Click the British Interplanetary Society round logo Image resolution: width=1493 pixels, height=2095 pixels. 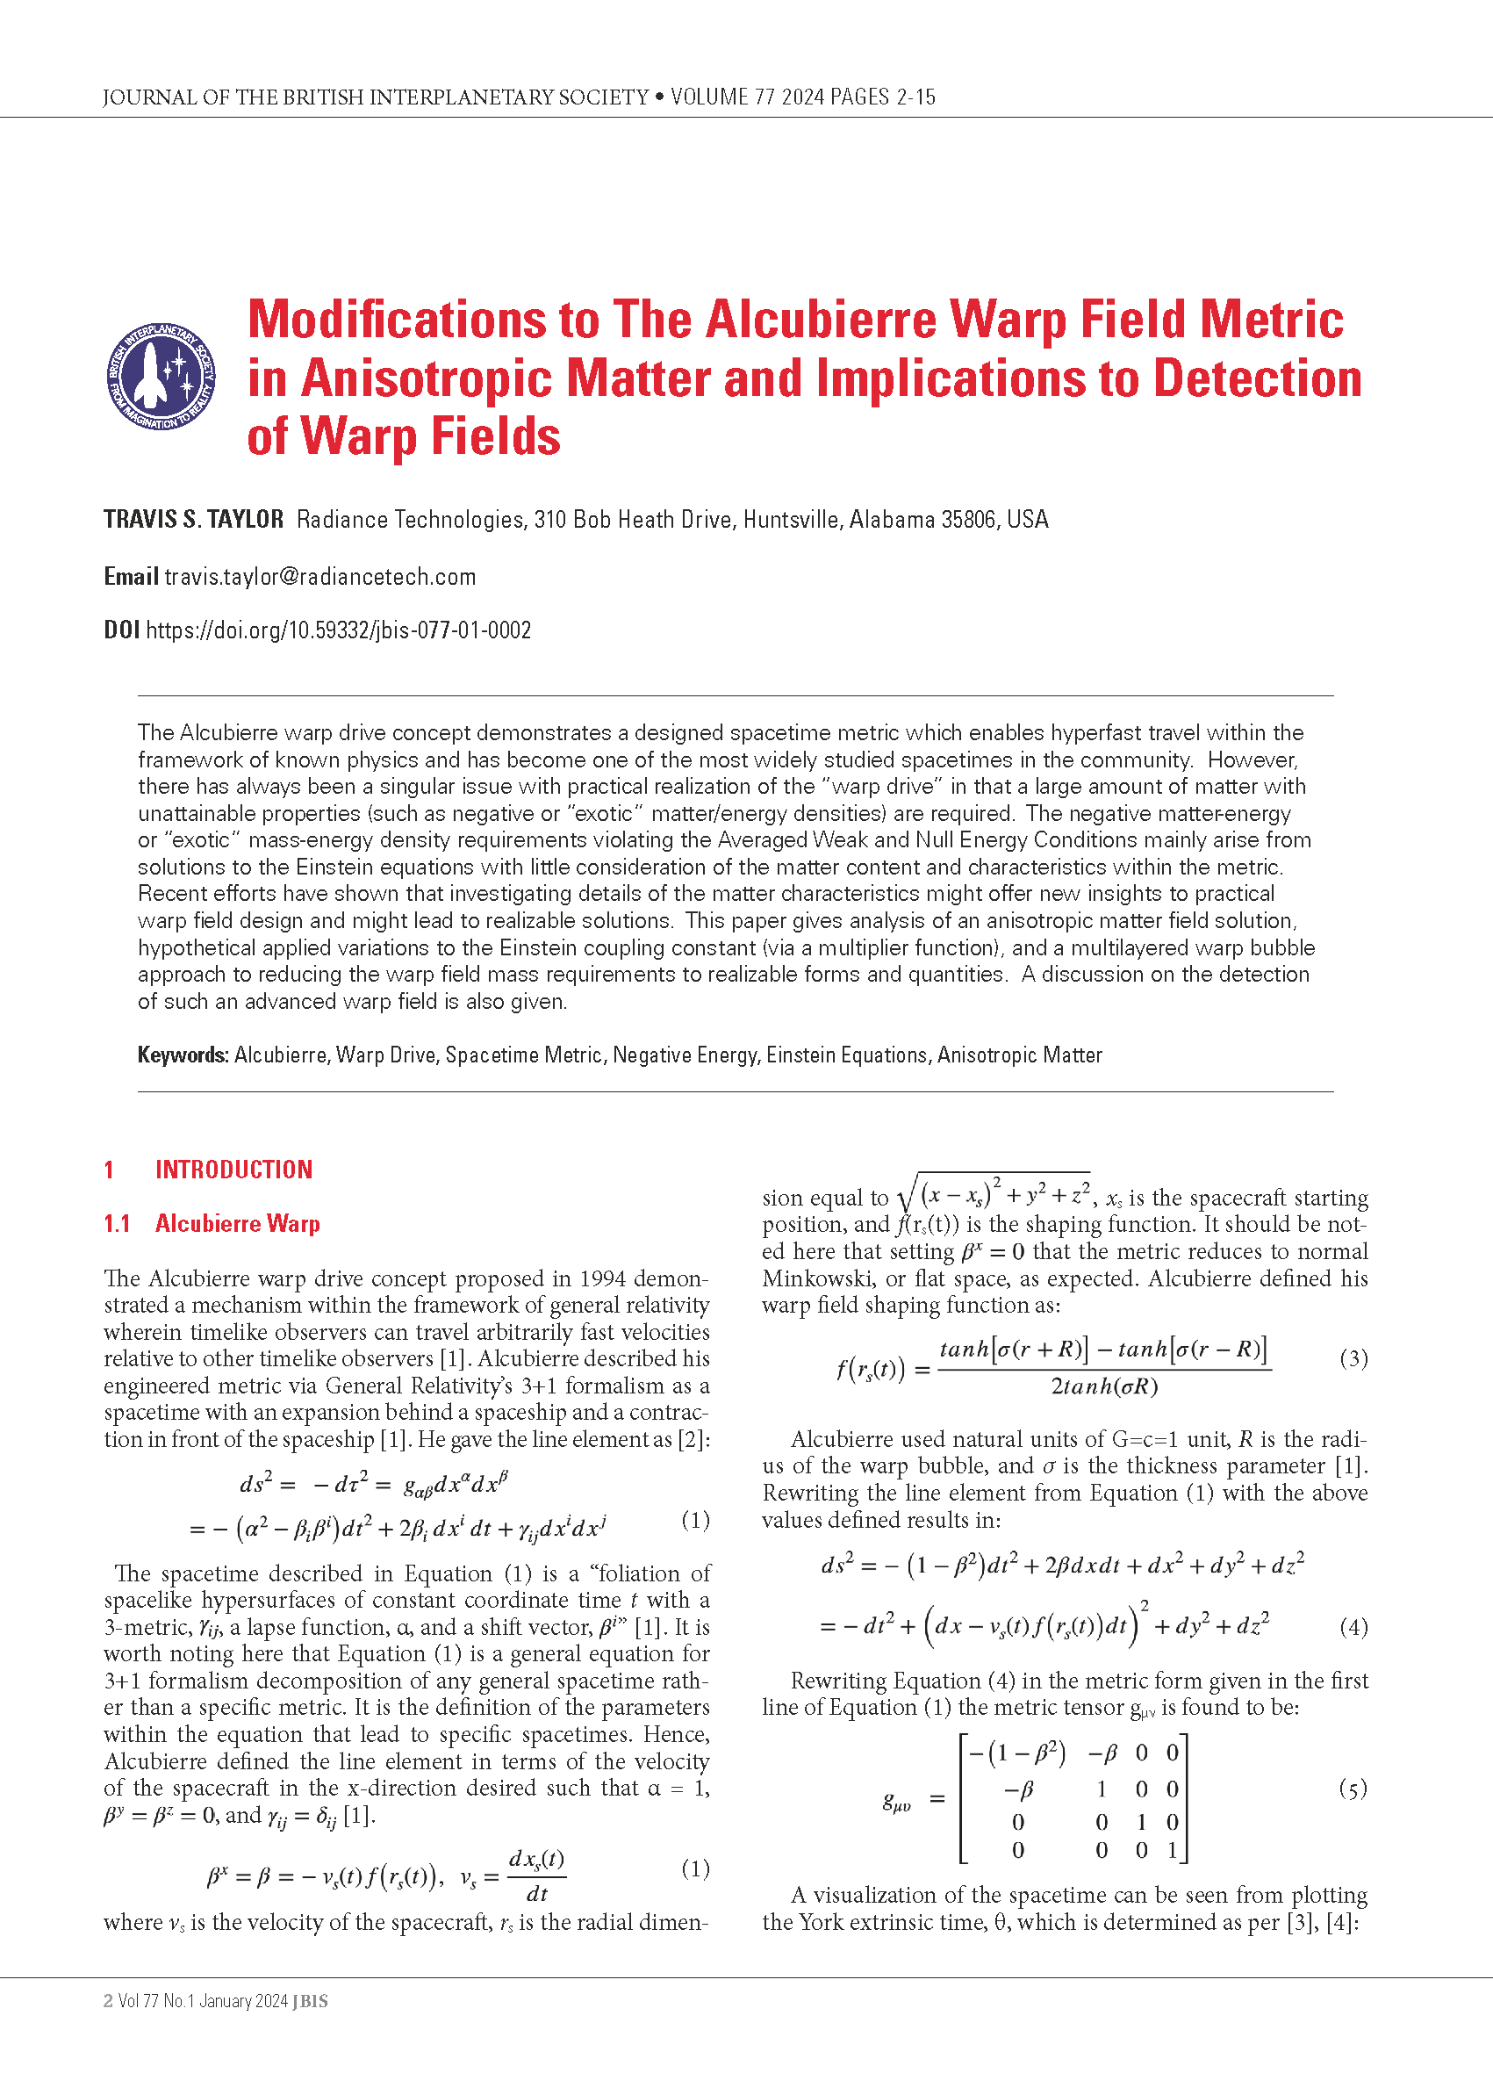click(x=161, y=376)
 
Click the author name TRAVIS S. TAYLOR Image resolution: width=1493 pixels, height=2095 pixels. click(x=193, y=520)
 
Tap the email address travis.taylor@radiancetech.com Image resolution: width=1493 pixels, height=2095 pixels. click(x=319, y=577)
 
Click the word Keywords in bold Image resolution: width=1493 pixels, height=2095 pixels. click(x=182, y=1055)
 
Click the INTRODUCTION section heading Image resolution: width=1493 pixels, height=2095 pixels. click(x=233, y=1169)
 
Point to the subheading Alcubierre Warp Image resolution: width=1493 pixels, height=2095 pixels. click(x=237, y=1223)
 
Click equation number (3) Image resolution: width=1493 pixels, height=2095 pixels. click(x=1353, y=1357)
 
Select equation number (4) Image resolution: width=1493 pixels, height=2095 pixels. click(x=1353, y=1626)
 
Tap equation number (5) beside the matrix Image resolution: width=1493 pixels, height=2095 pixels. click(x=1353, y=1789)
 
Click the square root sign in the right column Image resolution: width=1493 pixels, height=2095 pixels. click(x=908, y=1197)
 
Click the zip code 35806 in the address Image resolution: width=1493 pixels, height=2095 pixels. click(x=952, y=520)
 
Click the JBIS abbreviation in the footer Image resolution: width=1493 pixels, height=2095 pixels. click(x=310, y=2001)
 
